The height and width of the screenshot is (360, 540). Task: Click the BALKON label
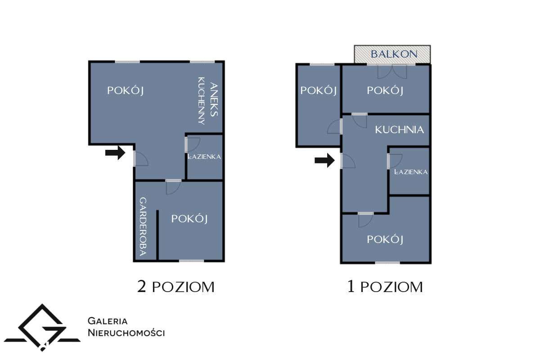(394, 54)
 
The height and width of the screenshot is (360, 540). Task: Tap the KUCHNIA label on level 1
(400, 130)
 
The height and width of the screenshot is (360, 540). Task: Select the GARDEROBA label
(143, 227)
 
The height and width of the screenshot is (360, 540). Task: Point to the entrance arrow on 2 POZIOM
(115, 153)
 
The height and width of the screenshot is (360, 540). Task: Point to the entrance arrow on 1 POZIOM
(324, 160)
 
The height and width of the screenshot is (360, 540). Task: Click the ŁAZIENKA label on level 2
(204, 157)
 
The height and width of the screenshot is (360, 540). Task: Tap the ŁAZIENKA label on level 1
(410, 172)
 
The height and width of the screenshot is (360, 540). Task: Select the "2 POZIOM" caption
(175, 287)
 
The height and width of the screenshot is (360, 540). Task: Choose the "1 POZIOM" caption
(385, 287)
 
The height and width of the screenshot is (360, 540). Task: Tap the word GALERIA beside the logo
(108, 321)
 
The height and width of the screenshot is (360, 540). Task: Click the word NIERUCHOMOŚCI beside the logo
(126, 333)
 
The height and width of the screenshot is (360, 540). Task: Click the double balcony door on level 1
(392, 71)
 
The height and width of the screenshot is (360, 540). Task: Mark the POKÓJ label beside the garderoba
(189, 219)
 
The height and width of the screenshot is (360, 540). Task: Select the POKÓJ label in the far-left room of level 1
(319, 90)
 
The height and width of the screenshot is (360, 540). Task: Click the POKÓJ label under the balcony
(385, 90)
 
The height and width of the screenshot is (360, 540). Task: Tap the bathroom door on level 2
(192, 144)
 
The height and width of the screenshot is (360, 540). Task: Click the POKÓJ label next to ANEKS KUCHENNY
(125, 90)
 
